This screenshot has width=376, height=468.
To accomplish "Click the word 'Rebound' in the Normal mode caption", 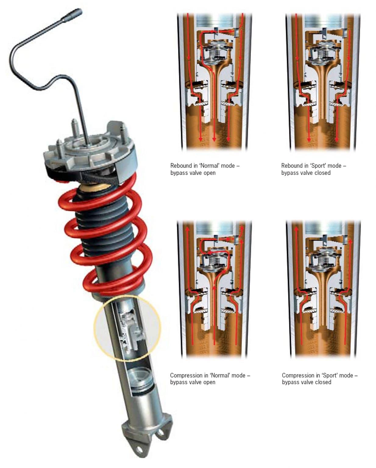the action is pos(181,166).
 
